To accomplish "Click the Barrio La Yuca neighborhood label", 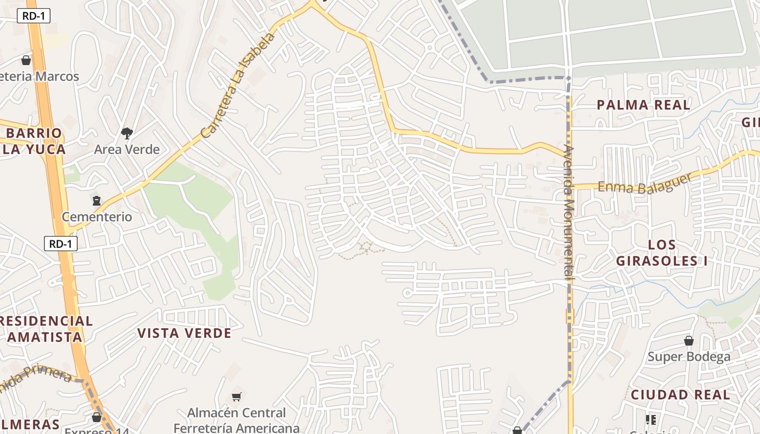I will (34, 141).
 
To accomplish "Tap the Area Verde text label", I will (127, 149).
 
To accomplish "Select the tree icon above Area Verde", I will (127, 133).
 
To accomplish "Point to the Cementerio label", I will (97, 217).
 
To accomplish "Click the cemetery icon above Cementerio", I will (97, 201).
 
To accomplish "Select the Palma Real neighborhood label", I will (643, 105).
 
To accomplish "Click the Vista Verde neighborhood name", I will (184, 333).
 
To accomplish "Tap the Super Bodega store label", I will (689, 356).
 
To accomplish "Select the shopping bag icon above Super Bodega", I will (689, 341).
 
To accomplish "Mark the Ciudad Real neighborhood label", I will (680, 395).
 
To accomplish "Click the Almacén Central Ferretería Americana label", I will (236, 420).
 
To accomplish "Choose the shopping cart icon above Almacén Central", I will (236, 397).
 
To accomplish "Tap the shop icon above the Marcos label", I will (26, 60).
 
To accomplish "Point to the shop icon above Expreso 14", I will (97, 417).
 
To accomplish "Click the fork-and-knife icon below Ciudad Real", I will (651, 419).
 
